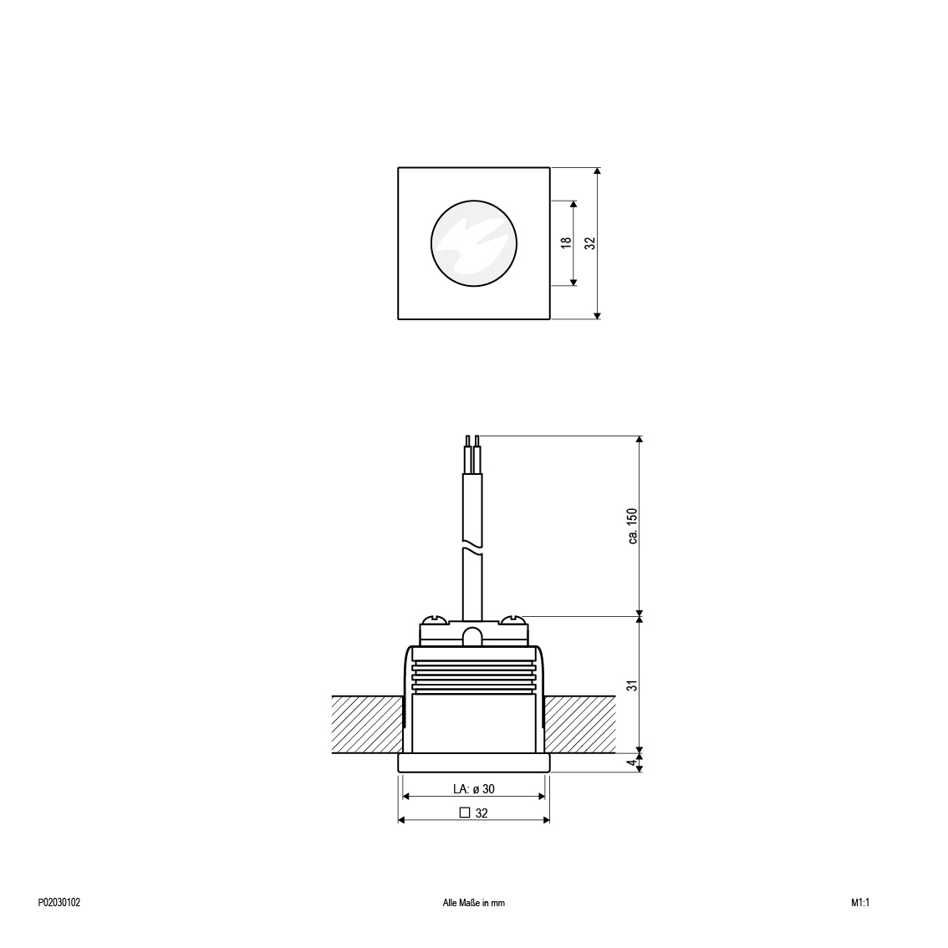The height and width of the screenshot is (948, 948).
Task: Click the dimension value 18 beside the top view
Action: coord(566,242)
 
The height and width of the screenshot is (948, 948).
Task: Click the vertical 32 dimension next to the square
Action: coord(590,242)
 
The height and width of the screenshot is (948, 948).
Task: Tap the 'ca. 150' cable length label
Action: coord(632,525)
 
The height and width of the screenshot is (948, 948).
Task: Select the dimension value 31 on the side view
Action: coord(632,686)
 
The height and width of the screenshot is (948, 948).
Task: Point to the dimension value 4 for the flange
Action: coord(632,762)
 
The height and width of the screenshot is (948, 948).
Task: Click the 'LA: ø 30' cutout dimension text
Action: coord(474,789)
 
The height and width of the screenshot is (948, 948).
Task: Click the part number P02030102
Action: coord(59,903)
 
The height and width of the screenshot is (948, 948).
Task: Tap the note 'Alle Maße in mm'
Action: coord(473,903)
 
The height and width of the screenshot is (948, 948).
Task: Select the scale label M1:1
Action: coord(860,903)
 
